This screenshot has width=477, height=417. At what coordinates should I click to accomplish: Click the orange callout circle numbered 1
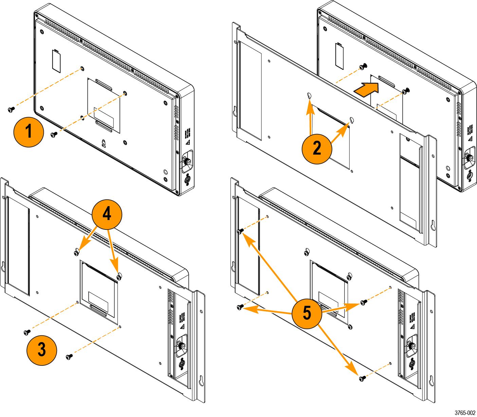tap(29, 132)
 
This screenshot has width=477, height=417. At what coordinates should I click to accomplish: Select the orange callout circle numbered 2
tap(317, 148)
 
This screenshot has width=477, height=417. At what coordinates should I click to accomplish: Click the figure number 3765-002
tap(465, 413)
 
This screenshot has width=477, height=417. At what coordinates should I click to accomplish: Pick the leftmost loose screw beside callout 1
tap(11, 109)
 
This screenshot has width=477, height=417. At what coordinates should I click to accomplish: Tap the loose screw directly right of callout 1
tap(54, 135)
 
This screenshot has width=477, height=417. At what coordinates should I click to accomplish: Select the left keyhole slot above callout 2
tap(310, 96)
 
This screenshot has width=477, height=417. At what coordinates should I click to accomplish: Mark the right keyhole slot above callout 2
tap(352, 120)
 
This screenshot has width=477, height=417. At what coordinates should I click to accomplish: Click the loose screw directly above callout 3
tap(27, 332)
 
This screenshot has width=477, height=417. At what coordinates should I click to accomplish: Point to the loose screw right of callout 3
tap(69, 356)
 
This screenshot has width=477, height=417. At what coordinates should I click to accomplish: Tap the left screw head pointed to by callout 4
tap(76, 251)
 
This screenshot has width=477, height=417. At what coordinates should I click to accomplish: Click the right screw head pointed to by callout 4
tap(119, 277)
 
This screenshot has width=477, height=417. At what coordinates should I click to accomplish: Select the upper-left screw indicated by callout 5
tap(240, 231)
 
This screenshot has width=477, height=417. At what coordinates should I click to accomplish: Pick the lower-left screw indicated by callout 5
tap(240, 307)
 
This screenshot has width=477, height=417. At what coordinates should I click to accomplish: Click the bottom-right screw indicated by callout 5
tap(362, 377)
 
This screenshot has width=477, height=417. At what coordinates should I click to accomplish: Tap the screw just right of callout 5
tap(363, 301)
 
